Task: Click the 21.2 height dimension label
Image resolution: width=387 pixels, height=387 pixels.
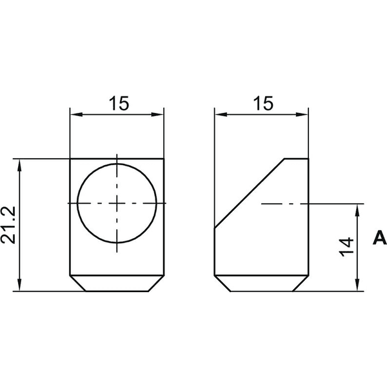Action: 8,225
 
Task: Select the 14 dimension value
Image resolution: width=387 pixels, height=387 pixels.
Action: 346,247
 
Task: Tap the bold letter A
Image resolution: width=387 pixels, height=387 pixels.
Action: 379,237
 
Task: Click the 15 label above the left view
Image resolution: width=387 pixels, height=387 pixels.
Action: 119,103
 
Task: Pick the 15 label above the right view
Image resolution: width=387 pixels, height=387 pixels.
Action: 264,103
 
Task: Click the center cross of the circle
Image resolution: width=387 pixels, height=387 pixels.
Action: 117,203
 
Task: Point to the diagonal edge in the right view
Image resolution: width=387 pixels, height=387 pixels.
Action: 250,193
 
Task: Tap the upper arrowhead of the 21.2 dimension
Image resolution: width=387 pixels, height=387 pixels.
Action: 19,165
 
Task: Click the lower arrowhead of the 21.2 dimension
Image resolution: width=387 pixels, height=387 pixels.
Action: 19,285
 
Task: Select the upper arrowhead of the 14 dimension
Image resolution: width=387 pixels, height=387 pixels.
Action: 358,210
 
